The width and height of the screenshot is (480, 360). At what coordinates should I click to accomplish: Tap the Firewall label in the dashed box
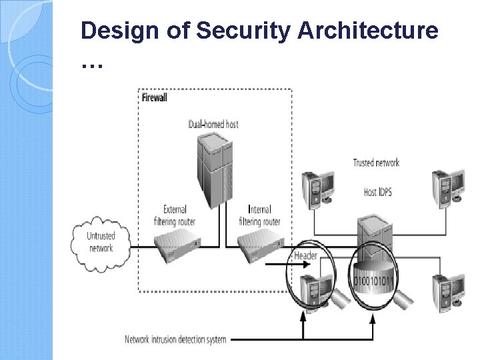[155, 97]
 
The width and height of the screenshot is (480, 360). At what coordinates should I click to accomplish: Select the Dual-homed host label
[213, 124]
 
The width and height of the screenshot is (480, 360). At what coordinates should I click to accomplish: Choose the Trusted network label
[376, 162]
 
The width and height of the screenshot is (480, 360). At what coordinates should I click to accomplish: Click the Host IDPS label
[379, 192]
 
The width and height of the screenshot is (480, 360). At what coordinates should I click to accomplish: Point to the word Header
[305, 256]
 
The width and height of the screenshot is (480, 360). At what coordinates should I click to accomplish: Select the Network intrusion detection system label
[175, 339]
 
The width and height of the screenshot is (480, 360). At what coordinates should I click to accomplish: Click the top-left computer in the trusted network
[319, 188]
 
